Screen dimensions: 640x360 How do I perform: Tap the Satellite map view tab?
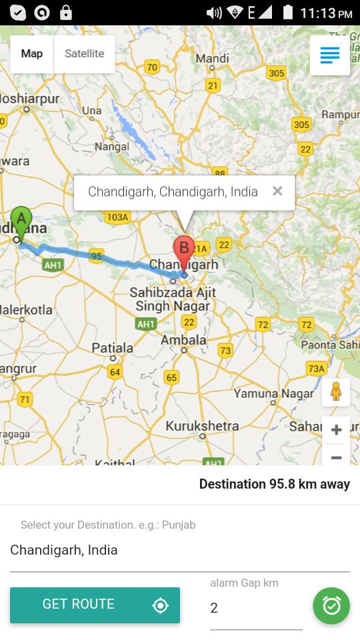pos(84,54)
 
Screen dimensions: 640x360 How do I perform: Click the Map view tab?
pos(31,54)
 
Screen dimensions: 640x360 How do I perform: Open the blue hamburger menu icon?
pos(330,55)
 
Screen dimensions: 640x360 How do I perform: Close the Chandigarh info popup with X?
pos(277,191)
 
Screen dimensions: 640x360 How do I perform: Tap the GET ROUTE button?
pos(95,605)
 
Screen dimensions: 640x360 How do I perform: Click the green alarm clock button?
pos(331,605)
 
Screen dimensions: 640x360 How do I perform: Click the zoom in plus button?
pos(336,430)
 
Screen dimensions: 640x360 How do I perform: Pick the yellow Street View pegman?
pos(336,392)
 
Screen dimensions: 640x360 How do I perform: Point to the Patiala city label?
pos(112,348)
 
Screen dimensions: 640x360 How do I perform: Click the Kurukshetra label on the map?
pos(202,426)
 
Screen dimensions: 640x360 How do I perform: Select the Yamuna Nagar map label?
pos(273,393)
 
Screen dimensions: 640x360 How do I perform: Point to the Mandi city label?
pos(212,59)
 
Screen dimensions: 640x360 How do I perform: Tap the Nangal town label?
pos(111,146)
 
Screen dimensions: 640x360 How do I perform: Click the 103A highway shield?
pos(117,217)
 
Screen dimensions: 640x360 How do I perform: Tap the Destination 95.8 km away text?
pos(274,484)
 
